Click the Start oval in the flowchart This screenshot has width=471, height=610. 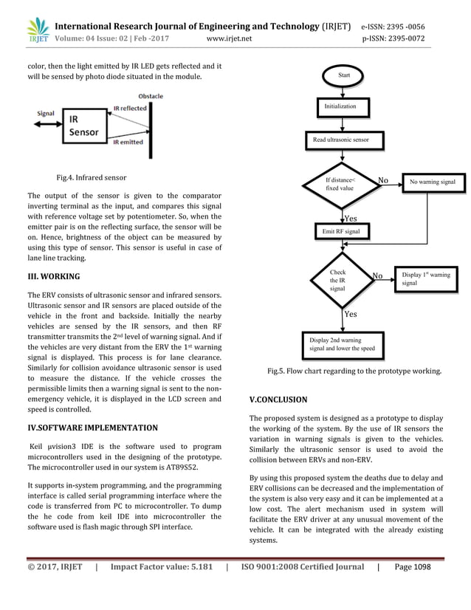(344, 75)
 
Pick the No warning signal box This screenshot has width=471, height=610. (433, 181)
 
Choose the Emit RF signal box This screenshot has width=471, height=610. (342, 231)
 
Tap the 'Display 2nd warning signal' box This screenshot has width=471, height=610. (342, 343)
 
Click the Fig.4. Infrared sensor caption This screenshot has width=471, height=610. (92, 178)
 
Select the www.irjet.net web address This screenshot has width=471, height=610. (230, 38)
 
